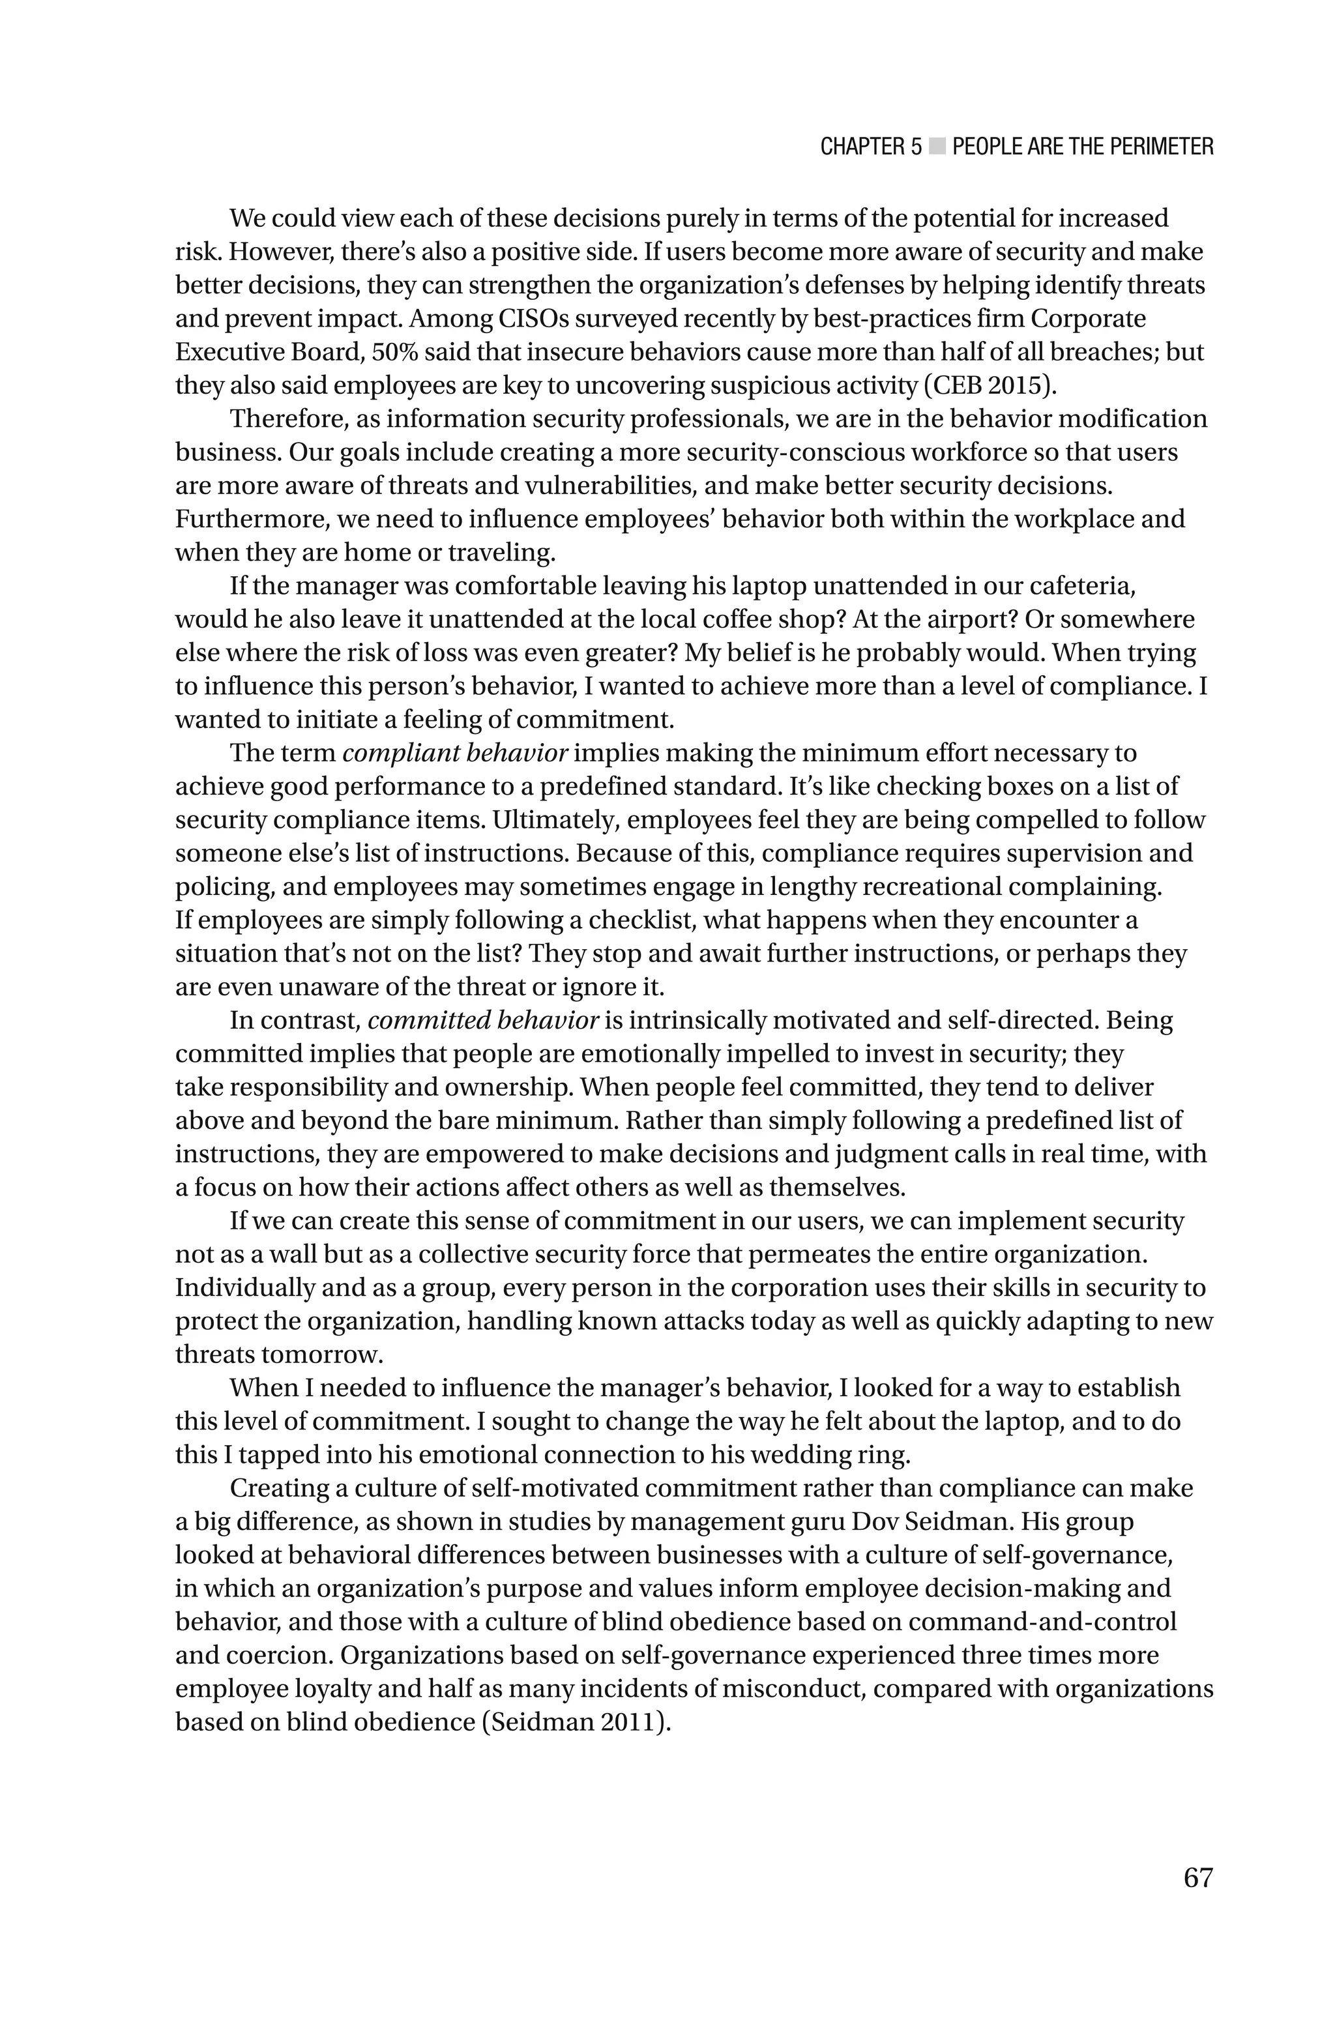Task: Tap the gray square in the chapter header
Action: pos(937,147)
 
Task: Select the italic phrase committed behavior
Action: pos(484,1021)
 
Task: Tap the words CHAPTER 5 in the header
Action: pos(870,147)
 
